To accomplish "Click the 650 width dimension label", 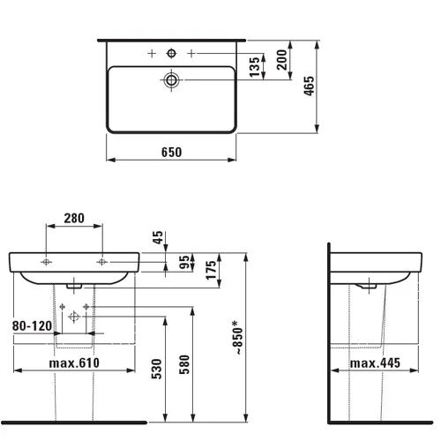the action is (172, 152).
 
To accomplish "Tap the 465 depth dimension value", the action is (309, 86).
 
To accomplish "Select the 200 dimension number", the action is (281, 60).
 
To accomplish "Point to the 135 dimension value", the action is (255, 67).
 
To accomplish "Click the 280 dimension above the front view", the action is (74, 218).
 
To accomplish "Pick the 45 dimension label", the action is (158, 237).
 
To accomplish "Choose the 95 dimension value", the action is (184, 262).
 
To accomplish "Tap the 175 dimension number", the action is (211, 270).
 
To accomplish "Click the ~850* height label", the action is (238, 338).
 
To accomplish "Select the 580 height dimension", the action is (184, 364).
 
